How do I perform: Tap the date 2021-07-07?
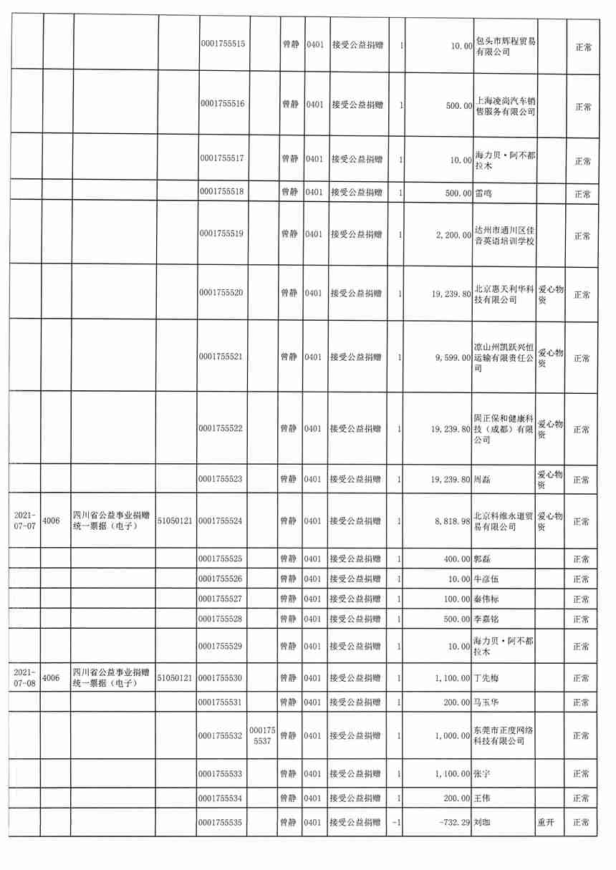point(24,521)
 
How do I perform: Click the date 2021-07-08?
point(24,677)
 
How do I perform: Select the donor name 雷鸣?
point(484,193)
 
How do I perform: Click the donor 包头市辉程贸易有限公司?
point(506,46)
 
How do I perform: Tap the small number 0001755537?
point(262,735)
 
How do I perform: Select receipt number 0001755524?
point(223,521)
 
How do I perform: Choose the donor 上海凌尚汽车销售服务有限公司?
point(506,105)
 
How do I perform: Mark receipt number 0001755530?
point(223,677)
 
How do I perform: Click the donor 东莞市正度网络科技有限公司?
point(506,735)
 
